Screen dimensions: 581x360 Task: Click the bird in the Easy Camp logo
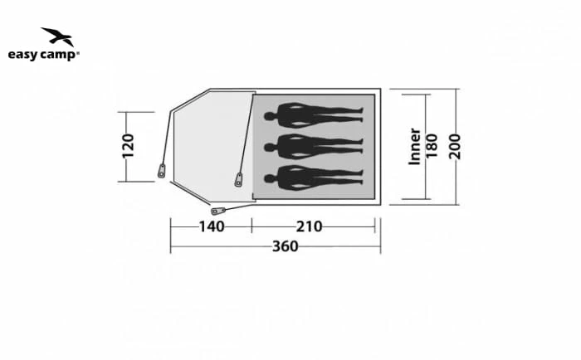58,36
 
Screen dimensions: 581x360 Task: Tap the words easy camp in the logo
42,55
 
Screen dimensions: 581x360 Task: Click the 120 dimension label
128,146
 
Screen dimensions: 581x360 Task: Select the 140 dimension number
212,226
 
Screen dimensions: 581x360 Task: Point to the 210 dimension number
309,226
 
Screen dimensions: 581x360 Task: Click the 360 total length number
285,246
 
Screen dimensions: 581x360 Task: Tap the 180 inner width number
432,146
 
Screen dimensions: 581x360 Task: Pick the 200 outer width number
455,147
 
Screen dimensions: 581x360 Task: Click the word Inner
414,146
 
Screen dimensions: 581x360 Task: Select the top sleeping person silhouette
314,115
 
